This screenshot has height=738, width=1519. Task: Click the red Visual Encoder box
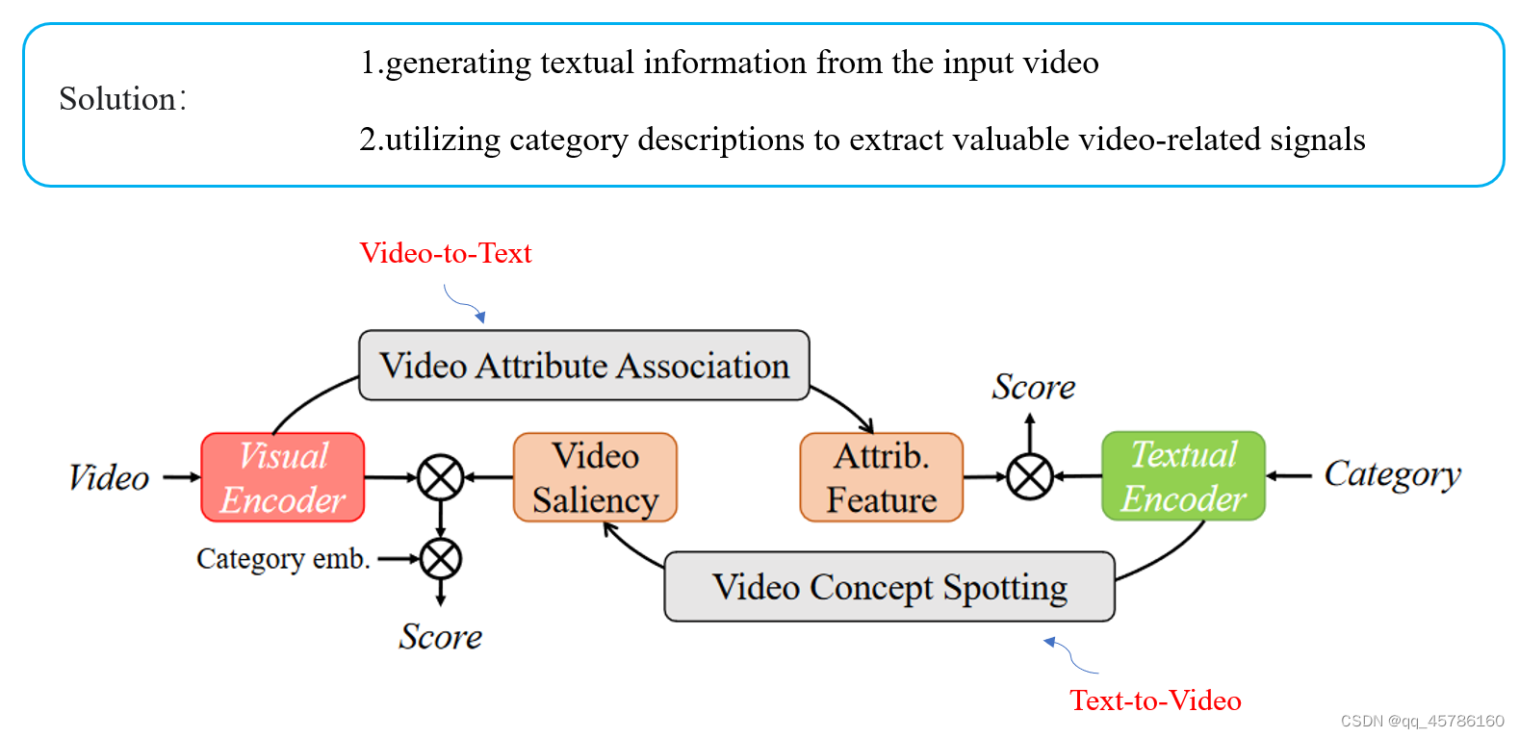click(x=282, y=477)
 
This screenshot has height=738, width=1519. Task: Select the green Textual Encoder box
click(x=1183, y=476)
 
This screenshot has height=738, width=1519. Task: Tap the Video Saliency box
click(x=595, y=477)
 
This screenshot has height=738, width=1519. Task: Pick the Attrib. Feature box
click(x=881, y=477)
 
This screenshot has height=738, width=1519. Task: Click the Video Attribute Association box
click(x=583, y=366)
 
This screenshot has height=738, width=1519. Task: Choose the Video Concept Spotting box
click(x=888, y=587)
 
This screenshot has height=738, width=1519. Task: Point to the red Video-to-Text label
click(x=446, y=253)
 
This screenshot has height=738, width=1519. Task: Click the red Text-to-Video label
click(x=1155, y=700)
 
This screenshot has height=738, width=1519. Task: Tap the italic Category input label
click(x=1392, y=474)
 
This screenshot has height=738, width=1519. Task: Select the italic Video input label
click(x=109, y=477)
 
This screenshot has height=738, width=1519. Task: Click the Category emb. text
click(x=283, y=559)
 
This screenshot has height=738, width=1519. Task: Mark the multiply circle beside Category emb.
click(x=441, y=559)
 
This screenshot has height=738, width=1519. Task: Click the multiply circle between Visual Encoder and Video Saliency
click(x=441, y=477)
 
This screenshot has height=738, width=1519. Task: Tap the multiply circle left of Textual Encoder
click(x=1030, y=476)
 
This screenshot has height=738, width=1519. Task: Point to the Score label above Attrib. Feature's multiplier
click(x=1033, y=387)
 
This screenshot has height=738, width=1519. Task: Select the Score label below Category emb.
click(x=441, y=637)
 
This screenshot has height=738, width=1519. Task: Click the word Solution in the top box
click(x=117, y=99)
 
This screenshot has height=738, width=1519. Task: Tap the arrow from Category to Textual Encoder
click(x=1289, y=475)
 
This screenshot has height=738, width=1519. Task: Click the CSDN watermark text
click(x=1422, y=721)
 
